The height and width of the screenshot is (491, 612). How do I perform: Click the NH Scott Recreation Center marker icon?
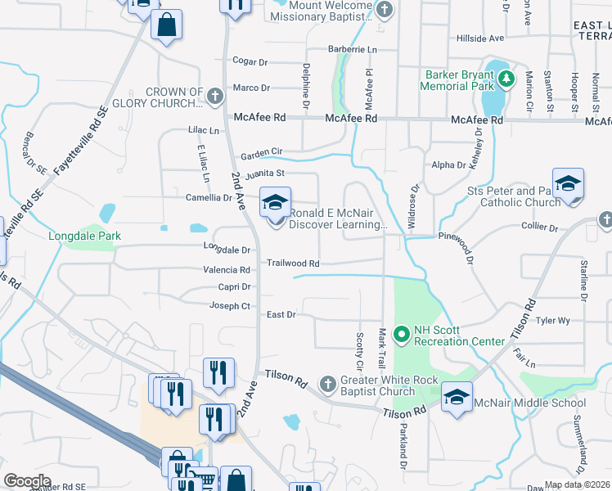point(401,334)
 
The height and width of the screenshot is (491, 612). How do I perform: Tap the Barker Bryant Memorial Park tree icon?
point(507,79)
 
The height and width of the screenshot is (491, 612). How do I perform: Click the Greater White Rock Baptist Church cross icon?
point(327,384)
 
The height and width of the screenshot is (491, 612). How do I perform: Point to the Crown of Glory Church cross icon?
point(214,97)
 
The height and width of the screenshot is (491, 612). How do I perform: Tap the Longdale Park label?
point(85,236)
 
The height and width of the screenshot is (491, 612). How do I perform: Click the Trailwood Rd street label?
point(292,264)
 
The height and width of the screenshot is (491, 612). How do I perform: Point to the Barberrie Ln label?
point(353,50)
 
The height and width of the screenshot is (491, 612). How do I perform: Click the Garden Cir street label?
point(260,152)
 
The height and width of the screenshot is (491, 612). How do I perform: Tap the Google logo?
point(27,481)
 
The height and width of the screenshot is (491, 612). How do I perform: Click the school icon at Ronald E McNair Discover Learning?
point(276,202)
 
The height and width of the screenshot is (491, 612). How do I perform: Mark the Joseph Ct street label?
point(230,306)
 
